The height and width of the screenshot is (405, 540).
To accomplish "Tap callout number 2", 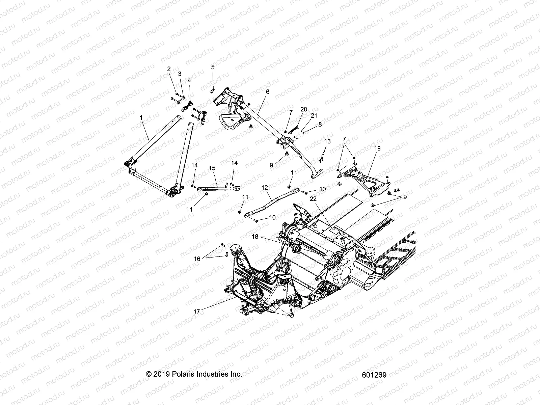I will click(169, 69).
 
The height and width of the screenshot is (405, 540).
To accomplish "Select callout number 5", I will click(213, 67).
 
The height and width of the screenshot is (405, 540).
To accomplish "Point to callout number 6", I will click(268, 91).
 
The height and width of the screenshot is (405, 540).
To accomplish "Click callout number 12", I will click(264, 187).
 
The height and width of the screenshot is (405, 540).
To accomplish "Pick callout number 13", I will click(327, 141).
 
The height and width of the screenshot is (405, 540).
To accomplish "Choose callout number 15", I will click(212, 168).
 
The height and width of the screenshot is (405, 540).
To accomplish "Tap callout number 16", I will click(197, 259).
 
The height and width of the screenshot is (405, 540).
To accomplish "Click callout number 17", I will click(197, 312).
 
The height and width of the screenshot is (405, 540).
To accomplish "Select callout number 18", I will click(255, 237).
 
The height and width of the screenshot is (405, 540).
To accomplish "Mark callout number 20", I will click(304, 109).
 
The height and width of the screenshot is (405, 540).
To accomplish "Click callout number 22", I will click(313, 199).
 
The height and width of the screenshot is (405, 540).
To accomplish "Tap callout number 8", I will click(320, 124).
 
